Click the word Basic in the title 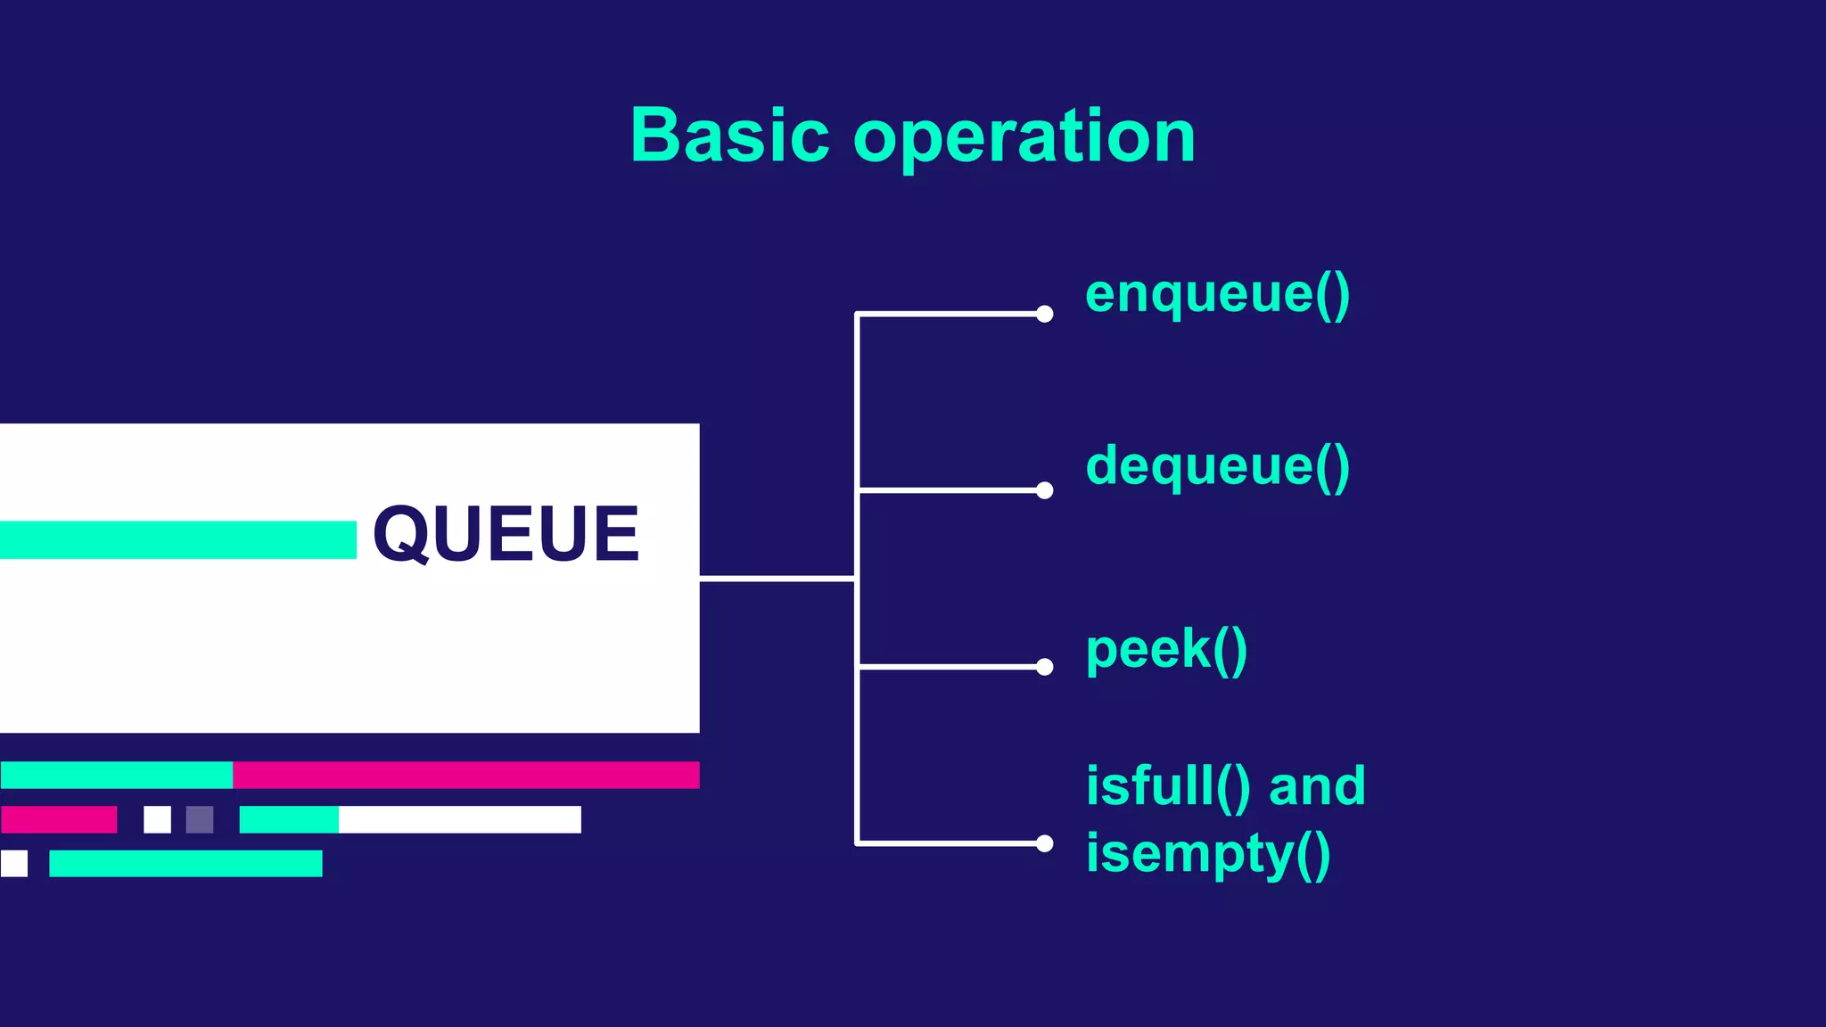click(x=729, y=136)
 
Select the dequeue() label click(x=1217, y=466)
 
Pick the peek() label click(x=1166, y=649)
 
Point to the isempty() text click(x=1208, y=854)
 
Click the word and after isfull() click(x=1317, y=786)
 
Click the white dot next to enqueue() click(x=1045, y=314)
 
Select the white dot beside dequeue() click(x=1045, y=490)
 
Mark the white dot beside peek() click(x=1045, y=667)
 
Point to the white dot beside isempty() click(x=1045, y=843)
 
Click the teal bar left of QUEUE click(x=178, y=540)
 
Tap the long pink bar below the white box click(x=465, y=775)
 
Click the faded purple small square click(x=200, y=819)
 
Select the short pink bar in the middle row click(x=59, y=819)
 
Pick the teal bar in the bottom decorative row click(x=185, y=863)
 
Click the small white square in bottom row click(x=14, y=863)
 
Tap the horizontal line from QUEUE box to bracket click(x=777, y=579)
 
